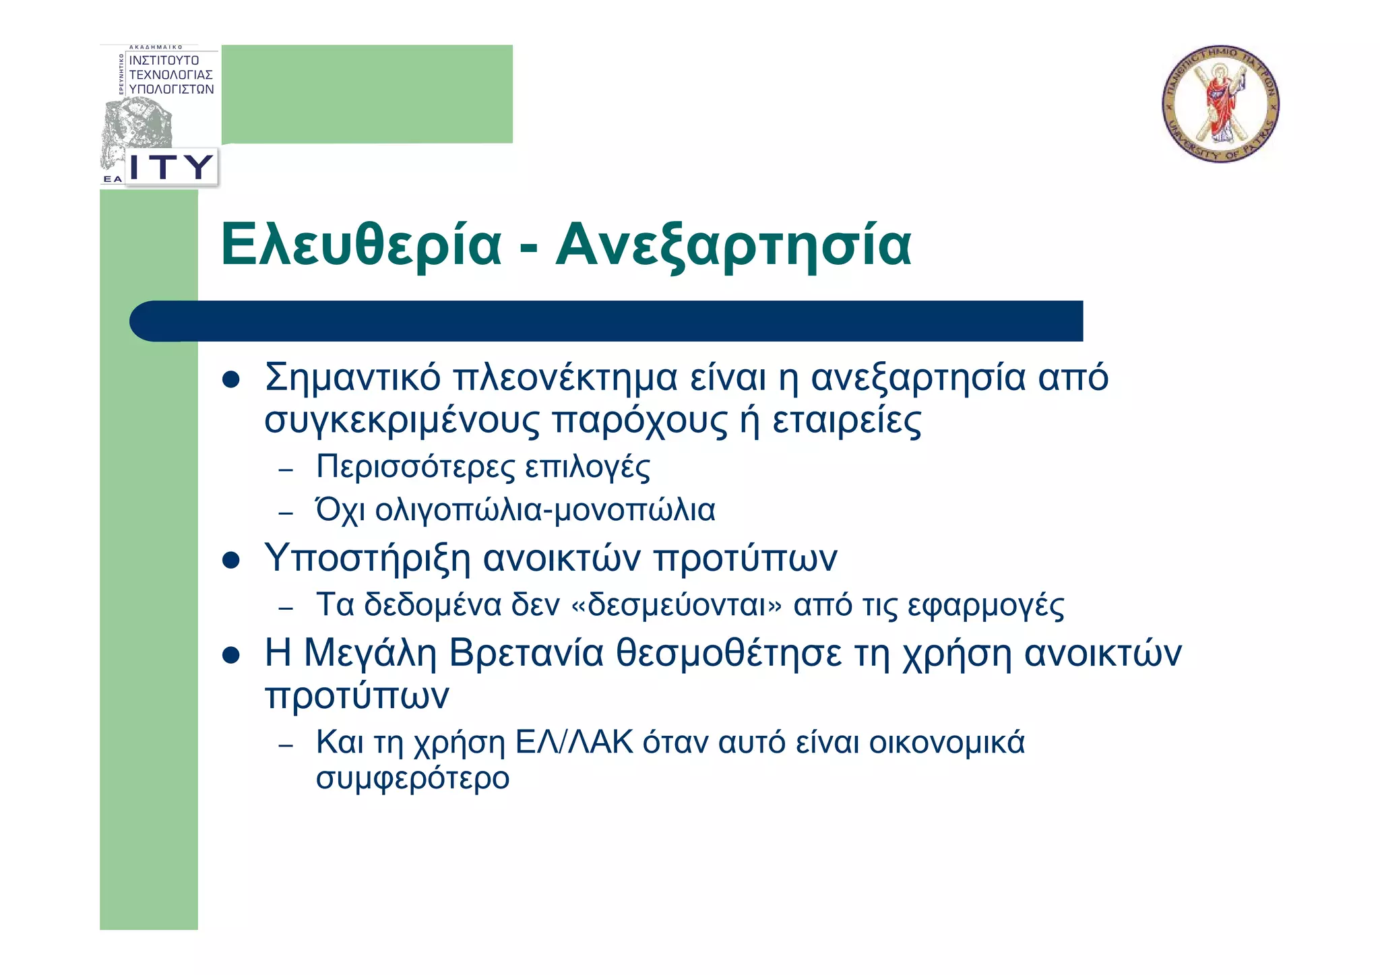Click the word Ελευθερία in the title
coord(361,245)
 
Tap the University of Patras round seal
coord(1220,104)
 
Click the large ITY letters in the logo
coord(171,166)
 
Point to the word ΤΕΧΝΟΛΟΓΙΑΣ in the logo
coord(171,75)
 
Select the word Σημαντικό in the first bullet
coord(352,377)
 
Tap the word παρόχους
coord(639,420)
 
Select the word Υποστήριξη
coord(367,558)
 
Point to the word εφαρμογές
coord(986,605)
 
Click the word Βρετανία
coord(526,654)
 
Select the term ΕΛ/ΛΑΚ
coord(574,743)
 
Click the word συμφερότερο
coord(412,779)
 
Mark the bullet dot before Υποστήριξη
coord(231,560)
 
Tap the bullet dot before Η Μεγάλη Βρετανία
coord(231,656)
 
